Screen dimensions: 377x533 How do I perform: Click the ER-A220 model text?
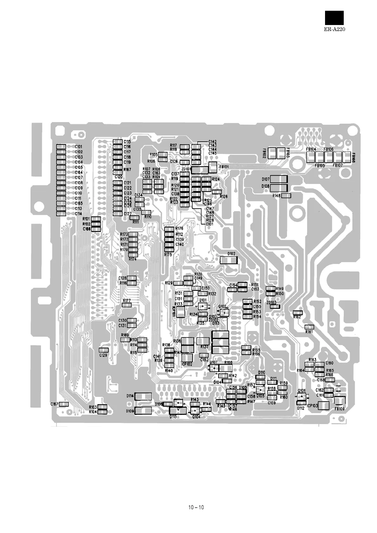[334, 29]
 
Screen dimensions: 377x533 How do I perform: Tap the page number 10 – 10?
[196, 507]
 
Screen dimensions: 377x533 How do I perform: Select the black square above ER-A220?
[334, 18]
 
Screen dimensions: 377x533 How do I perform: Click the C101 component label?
[79, 147]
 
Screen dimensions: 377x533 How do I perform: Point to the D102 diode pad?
[228, 260]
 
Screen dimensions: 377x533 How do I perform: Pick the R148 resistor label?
[276, 196]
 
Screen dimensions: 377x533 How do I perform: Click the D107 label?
[265, 179]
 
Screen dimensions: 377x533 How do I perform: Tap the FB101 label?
[224, 166]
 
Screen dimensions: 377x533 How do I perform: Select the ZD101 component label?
[186, 169]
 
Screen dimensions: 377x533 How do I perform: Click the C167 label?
[54, 404]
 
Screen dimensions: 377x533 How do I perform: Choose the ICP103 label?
[312, 405]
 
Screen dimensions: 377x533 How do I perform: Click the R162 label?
[297, 317]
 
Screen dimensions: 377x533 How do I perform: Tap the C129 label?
[103, 355]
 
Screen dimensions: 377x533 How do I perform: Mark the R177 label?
[127, 301]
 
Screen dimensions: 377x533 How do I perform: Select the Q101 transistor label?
[203, 300]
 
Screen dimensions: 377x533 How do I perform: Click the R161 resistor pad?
[309, 327]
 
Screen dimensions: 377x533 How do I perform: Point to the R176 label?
[179, 228]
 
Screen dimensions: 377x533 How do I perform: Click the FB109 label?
[339, 409]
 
